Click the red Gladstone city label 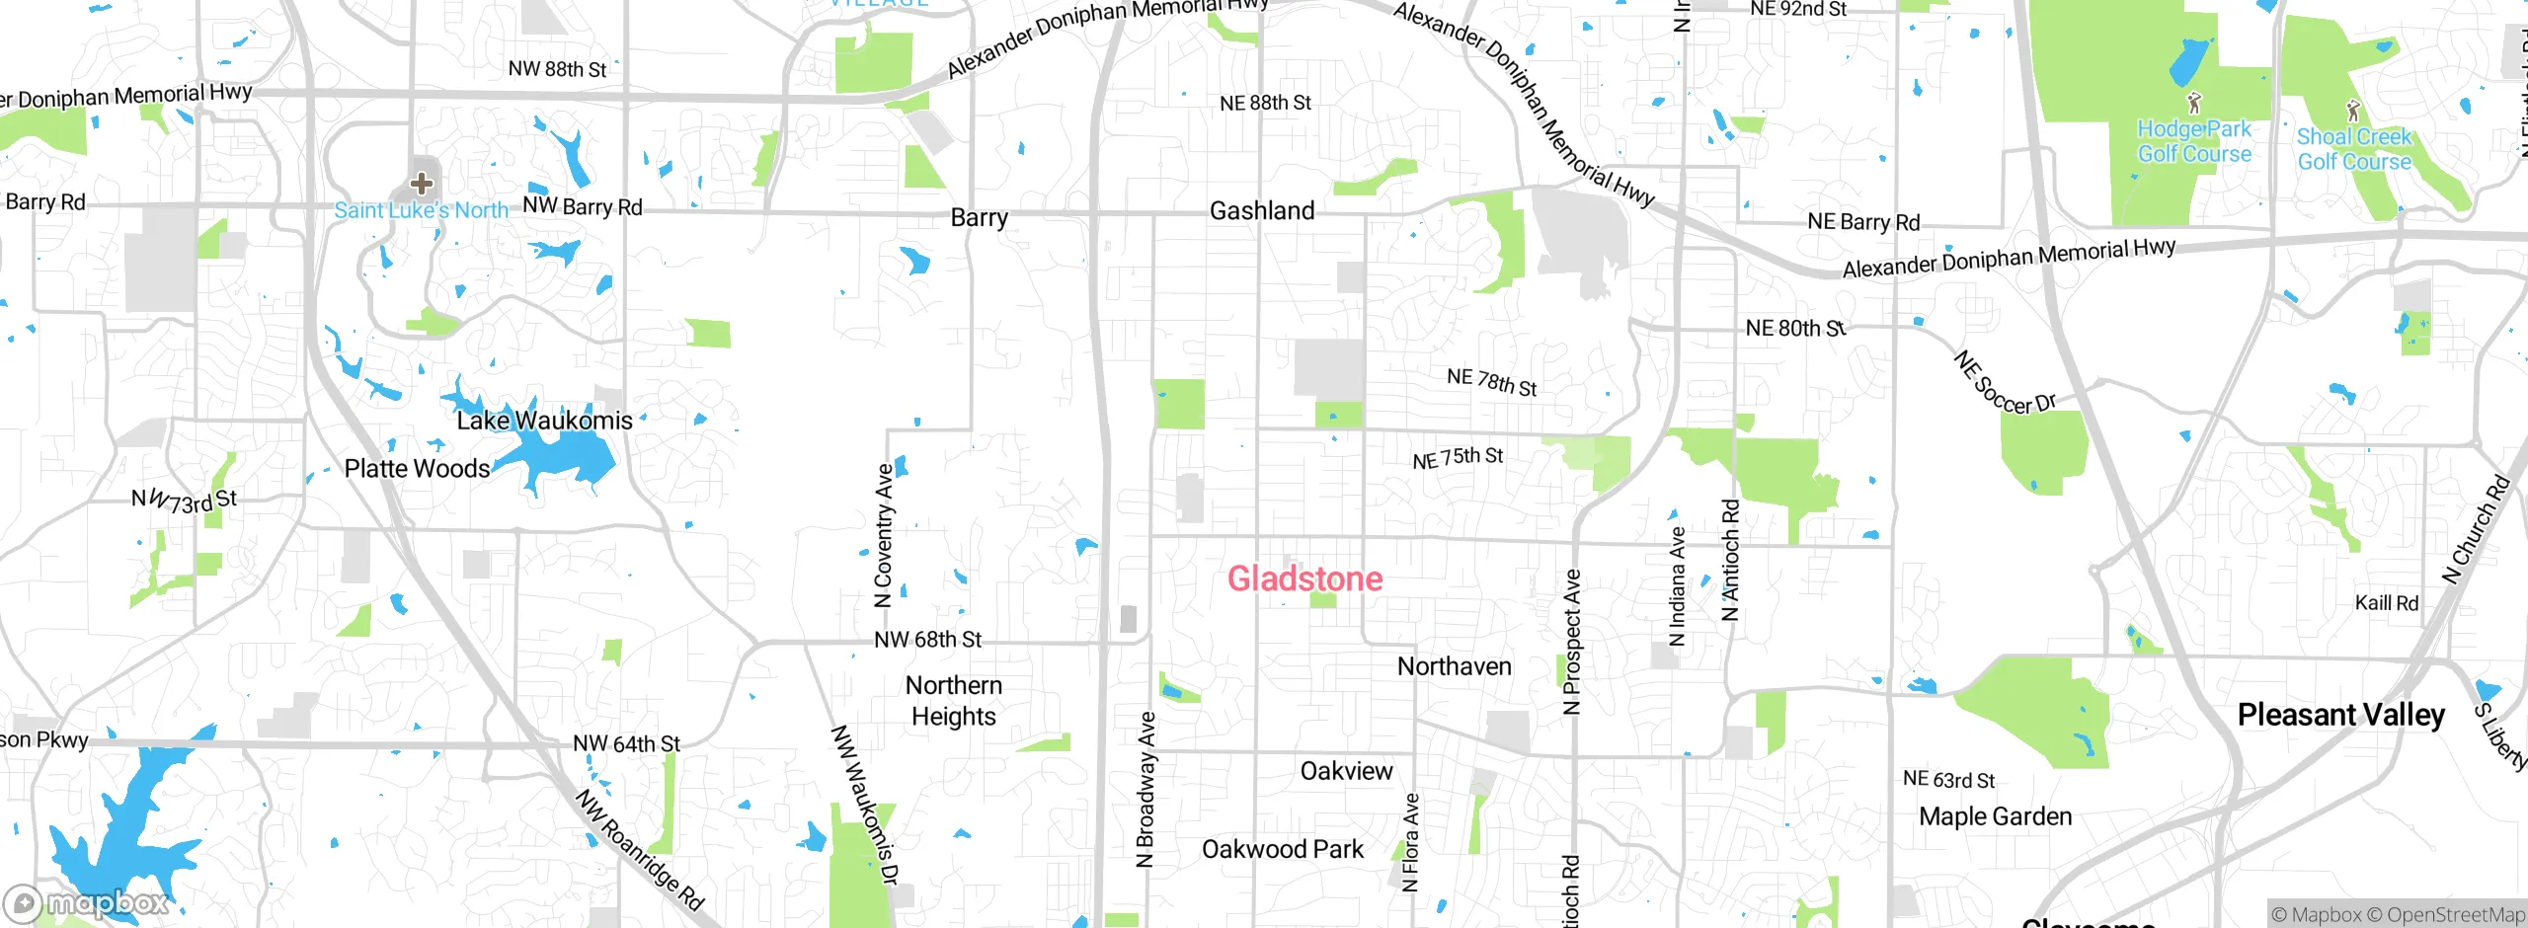(x=1304, y=579)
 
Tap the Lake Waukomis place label (x=544, y=421)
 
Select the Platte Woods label (x=417, y=468)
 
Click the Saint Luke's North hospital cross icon (x=422, y=183)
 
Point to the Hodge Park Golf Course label (x=2194, y=141)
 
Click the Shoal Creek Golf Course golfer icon (x=2353, y=111)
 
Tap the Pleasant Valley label (x=2340, y=714)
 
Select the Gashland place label (x=1262, y=210)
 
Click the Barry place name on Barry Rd (x=979, y=217)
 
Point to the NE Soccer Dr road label (x=2004, y=384)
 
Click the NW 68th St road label (x=927, y=640)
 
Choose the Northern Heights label (x=953, y=700)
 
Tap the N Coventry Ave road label (x=884, y=534)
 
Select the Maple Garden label (x=1995, y=816)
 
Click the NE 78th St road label (x=1491, y=381)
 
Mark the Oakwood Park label (x=1282, y=849)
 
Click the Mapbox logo (x=87, y=902)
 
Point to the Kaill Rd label (x=2386, y=602)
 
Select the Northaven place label (x=1454, y=666)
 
